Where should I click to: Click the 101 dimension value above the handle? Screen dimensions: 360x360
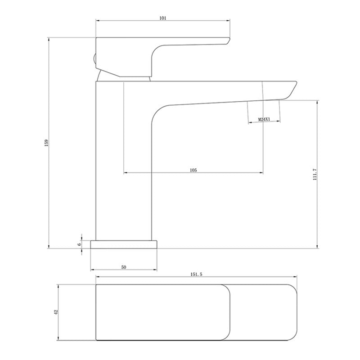(163, 18)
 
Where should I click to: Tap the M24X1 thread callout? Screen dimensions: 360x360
(264, 119)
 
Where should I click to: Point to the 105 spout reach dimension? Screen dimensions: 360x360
(193, 170)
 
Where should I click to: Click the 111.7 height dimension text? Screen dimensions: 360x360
(315, 175)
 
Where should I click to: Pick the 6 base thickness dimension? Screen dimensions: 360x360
(79, 243)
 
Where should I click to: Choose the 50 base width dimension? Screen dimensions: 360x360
(124, 267)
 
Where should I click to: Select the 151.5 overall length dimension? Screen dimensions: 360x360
(195, 274)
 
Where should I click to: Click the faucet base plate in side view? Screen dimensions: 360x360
(124, 244)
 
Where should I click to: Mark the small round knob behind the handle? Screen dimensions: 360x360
(94, 59)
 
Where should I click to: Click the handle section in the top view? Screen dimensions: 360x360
(162, 312)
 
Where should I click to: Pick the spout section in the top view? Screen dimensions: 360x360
(263, 312)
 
